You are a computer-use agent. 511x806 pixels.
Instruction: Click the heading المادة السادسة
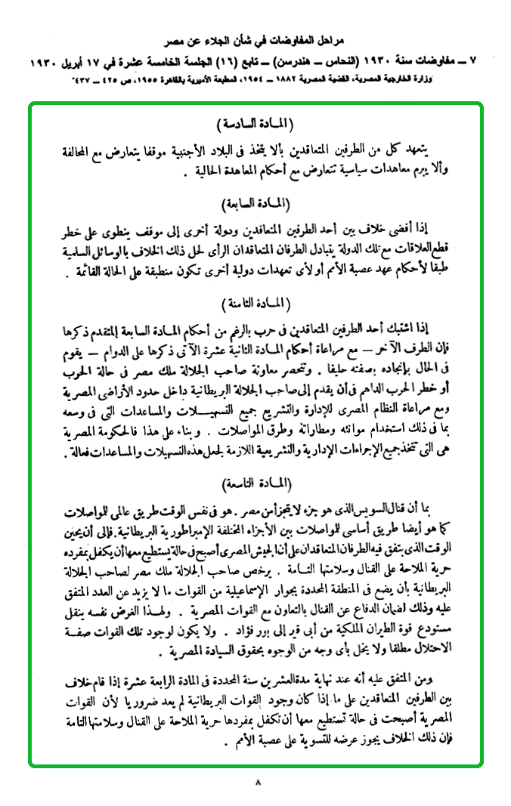point(255,122)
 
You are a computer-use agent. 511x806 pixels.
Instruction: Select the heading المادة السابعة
point(255,203)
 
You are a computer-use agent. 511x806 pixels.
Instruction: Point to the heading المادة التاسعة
point(255,481)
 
